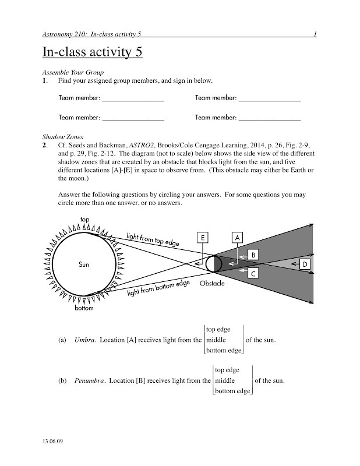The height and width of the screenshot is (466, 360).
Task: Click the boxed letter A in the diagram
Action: pos(237,238)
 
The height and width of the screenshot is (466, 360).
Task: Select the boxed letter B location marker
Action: pos(253,255)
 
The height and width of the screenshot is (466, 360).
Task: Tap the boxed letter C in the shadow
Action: pos(253,273)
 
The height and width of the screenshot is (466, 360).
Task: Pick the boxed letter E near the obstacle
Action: pos(202,238)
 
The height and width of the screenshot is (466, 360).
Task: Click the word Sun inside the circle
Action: pos(84,264)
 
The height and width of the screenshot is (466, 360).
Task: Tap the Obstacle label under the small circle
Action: pos(212,284)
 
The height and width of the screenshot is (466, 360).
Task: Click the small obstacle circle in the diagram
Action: pos(210,264)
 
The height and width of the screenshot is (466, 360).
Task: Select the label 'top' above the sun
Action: pos(85,219)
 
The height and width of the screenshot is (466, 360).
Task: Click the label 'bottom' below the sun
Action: pos(83,308)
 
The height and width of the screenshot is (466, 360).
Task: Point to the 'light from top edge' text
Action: pos(154,239)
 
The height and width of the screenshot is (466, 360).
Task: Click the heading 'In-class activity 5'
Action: pos(92,52)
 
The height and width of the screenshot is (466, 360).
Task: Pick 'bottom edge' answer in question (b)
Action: pos(232,391)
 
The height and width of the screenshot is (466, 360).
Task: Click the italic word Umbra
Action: pos(85,340)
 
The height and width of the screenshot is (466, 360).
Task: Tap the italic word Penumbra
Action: pos(90,381)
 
